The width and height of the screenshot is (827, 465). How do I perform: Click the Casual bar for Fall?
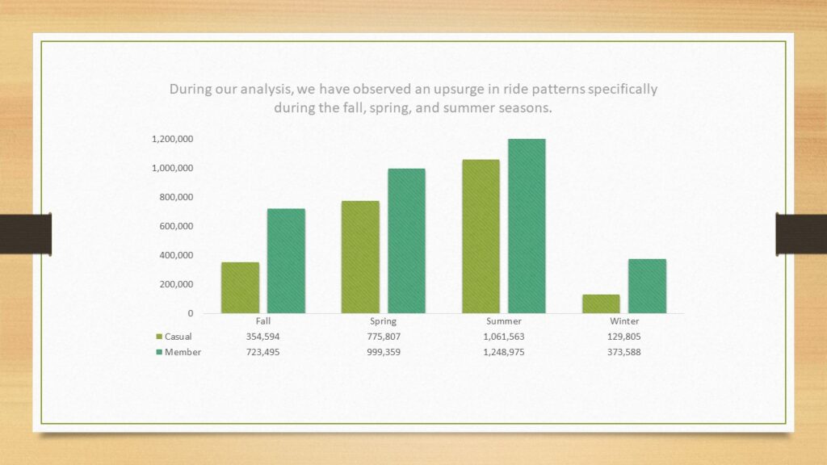click(x=240, y=288)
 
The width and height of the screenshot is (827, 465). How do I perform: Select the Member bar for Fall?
click(x=286, y=261)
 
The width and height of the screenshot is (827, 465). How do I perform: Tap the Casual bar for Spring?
click(x=360, y=258)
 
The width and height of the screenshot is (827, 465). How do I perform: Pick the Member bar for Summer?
click(x=527, y=226)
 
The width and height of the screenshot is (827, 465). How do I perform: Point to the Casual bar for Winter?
click(x=601, y=304)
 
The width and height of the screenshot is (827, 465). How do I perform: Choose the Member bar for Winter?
click(x=647, y=287)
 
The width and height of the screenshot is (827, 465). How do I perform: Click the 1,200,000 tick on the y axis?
click(x=173, y=139)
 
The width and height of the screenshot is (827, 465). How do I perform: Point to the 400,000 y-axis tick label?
click(x=176, y=255)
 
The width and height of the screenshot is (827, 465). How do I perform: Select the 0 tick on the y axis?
click(x=191, y=313)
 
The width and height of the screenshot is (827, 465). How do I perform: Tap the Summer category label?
click(x=504, y=321)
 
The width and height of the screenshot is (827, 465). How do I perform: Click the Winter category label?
click(x=624, y=321)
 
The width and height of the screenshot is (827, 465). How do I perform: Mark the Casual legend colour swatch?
click(x=159, y=337)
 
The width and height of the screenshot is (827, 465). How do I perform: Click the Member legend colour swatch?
click(x=159, y=352)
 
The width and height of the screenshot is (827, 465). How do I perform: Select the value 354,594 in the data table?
click(x=262, y=337)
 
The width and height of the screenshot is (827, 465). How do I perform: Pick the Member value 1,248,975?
click(x=504, y=352)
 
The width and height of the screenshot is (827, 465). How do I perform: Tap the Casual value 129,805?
click(x=624, y=337)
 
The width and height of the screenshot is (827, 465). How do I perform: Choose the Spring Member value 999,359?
click(x=384, y=352)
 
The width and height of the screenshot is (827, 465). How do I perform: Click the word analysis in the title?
click(x=267, y=89)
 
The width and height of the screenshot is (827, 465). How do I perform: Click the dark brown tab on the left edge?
click(x=26, y=234)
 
